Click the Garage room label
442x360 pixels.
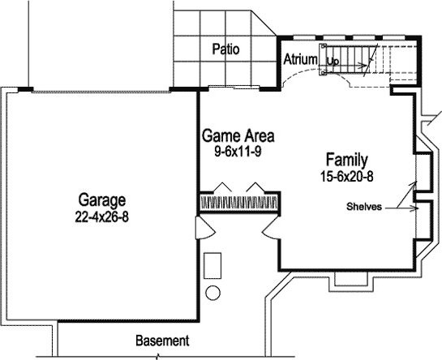[101, 200]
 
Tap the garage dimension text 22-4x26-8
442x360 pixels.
[101, 216]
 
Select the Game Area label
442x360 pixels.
[238, 136]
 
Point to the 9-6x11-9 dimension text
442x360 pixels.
[238, 152]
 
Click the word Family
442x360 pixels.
[347, 160]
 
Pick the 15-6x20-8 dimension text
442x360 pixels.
[347, 177]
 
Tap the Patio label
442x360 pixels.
[225, 49]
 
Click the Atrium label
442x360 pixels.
[300, 59]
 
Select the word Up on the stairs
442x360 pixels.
[333, 61]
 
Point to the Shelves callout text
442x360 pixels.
[364, 207]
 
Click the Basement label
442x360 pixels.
[162, 341]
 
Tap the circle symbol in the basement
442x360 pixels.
[212, 293]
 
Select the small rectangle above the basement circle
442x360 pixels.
[212, 266]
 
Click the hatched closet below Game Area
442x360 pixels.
[238, 203]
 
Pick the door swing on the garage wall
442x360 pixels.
[205, 228]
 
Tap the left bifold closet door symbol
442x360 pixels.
[223, 187]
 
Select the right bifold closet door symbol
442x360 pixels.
[255, 187]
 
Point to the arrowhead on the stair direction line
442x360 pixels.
[363, 66]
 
